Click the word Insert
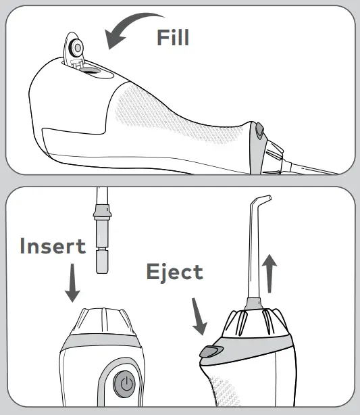coord(53,245)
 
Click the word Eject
coord(174,272)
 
